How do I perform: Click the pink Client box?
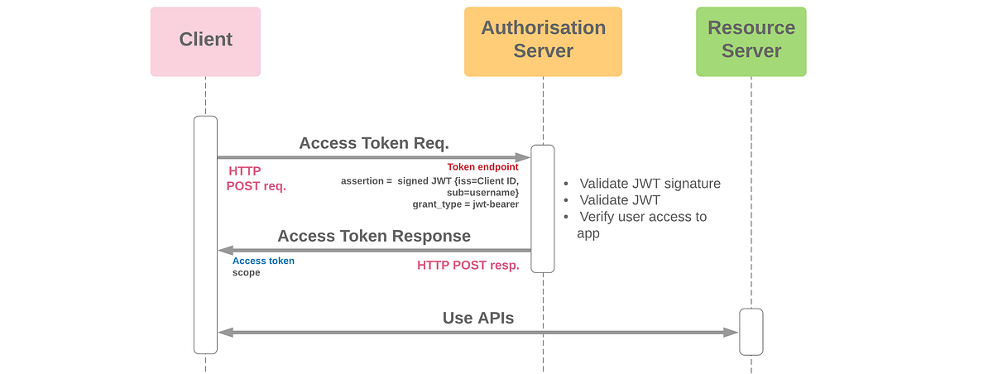pos(205,41)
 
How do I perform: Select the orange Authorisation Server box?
pos(543,41)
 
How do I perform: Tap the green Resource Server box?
pos(751,41)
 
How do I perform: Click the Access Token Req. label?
pos(374,143)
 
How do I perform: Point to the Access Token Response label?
pos(374,236)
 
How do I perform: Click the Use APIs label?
pos(478,318)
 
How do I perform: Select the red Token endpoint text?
pos(482,167)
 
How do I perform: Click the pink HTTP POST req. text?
pos(256,179)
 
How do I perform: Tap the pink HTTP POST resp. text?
pos(468,266)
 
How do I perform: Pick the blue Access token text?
pos(263,261)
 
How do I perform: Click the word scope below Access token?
pos(246,272)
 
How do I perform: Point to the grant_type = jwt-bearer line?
pos(465,204)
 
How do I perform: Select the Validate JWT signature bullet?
pos(649,184)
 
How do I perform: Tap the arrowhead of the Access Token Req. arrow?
pos(522,157)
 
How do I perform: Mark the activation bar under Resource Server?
pos(751,332)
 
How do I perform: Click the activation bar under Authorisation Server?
pos(542,209)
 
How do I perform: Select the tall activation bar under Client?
pos(205,235)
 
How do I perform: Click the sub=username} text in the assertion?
pos(483,192)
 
